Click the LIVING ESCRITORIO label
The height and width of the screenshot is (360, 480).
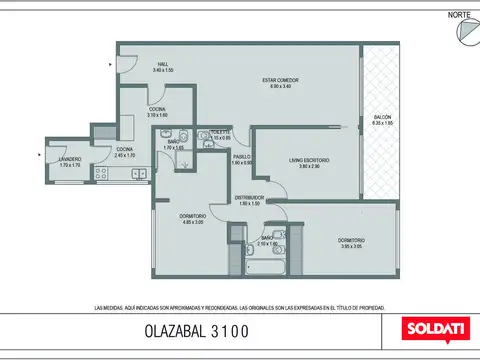[303, 162]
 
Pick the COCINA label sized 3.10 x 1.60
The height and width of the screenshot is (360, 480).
[158, 111]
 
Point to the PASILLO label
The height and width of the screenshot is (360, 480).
[242, 159]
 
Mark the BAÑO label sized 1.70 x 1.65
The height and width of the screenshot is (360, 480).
[173, 145]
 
